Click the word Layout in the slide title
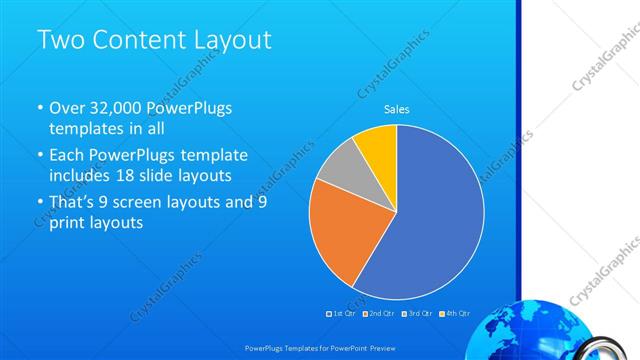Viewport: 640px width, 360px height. pos(228,41)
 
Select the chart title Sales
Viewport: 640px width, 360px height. pos(397,109)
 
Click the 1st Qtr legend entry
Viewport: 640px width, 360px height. pos(342,313)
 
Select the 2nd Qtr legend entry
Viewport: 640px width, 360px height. pos(379,313)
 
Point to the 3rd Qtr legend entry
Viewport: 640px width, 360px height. pos(416,313)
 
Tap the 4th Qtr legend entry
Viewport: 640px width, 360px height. pos(453,313)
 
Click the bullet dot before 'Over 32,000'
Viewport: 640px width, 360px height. pos(40,108)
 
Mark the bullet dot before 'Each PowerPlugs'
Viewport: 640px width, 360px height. pos(40,156)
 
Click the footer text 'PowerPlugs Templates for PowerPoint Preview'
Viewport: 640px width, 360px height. pos(320,349)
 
